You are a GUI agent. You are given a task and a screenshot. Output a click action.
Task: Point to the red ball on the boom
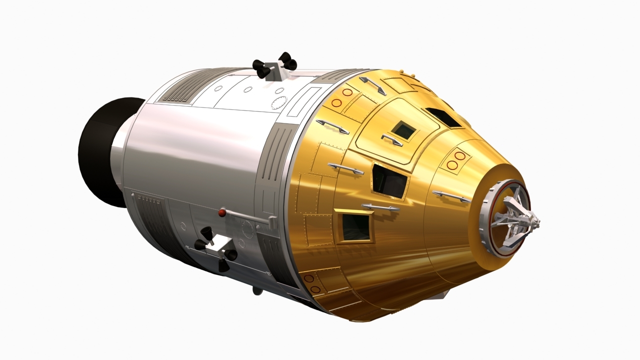(222, 213)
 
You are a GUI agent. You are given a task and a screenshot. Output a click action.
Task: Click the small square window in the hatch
(403, 131)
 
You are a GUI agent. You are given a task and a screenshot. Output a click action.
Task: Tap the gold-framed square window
(355, 226)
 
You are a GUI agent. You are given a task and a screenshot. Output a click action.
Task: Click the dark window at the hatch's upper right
(443, 117)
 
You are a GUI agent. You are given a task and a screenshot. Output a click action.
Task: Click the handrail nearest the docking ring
(451, 196)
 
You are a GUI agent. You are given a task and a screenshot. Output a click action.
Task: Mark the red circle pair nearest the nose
(455, 160)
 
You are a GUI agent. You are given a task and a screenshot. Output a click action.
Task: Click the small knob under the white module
(256, 290)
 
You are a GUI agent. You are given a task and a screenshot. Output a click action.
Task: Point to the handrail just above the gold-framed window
(380, 207)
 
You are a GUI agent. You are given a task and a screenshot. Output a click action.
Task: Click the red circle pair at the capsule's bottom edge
(311, 283)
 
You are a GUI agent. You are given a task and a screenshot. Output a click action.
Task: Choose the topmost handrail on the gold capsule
(372, 85)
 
